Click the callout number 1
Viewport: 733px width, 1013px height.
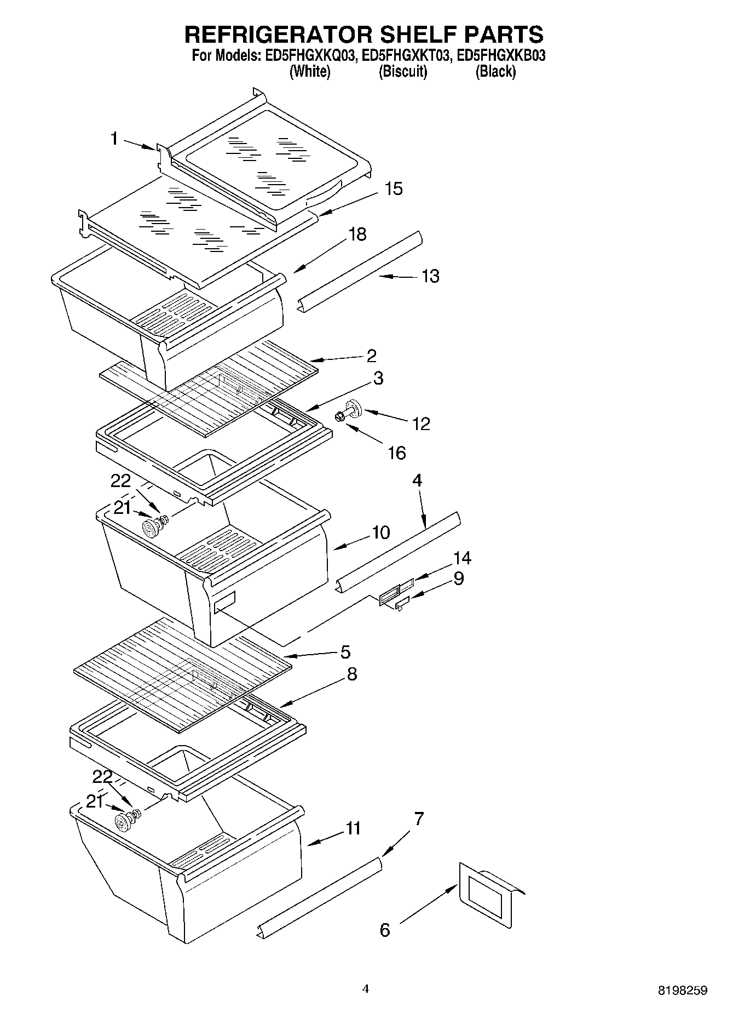(114, 139)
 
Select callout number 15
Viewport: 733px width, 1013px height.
(393, 189)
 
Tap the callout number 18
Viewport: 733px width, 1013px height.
(357, 234)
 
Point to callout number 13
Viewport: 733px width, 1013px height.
(430, 276)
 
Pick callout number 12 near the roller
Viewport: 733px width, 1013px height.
(421, 423)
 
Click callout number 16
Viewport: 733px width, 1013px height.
(397, 453)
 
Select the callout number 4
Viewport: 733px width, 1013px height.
(417, 480)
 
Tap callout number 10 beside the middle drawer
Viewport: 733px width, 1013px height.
(380, 532)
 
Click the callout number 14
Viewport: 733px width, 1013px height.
(461, 558)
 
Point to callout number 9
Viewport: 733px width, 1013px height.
(458, 578)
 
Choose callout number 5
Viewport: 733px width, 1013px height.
(345, 652)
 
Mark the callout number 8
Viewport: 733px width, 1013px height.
(351, 674)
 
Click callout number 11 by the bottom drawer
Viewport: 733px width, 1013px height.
(353, 828)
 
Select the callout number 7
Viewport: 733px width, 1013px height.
(418, 819)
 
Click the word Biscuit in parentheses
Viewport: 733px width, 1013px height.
(403, 71)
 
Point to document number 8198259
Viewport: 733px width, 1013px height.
(682, 991)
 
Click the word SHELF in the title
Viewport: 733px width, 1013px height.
(409, 34)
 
